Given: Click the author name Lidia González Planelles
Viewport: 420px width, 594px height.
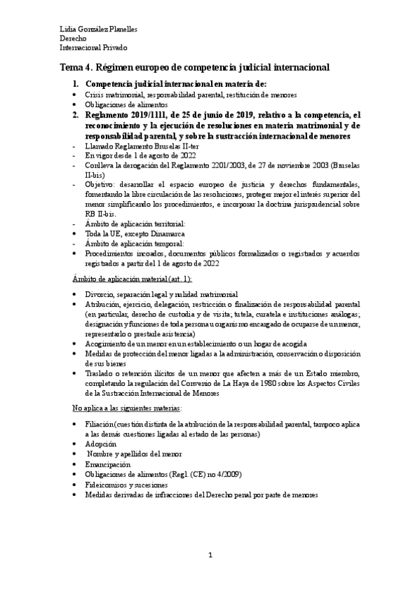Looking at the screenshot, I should (97, 29).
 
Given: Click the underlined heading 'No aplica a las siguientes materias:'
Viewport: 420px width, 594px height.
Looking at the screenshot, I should (128, 407).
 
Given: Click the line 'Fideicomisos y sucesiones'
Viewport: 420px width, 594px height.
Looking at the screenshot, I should (126, 484).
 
